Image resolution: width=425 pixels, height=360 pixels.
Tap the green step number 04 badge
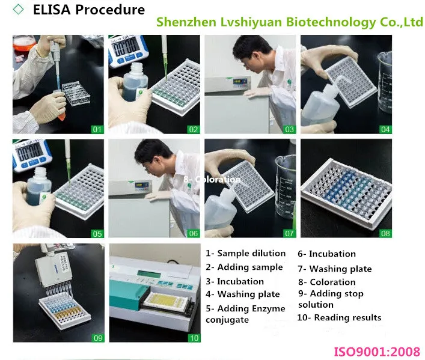tap(385, 129)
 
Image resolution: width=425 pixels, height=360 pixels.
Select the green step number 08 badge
tap(385, 233)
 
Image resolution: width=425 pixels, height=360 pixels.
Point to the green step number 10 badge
tap(194, 338)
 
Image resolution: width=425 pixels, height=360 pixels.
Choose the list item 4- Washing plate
tap(243, 294)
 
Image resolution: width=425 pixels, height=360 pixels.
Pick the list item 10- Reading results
tap(340, 317)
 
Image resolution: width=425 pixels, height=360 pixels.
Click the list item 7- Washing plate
tap(335, 269)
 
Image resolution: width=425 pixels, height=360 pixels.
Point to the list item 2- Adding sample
tap(244, 267)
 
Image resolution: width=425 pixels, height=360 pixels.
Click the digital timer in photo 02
tap(130, 47)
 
